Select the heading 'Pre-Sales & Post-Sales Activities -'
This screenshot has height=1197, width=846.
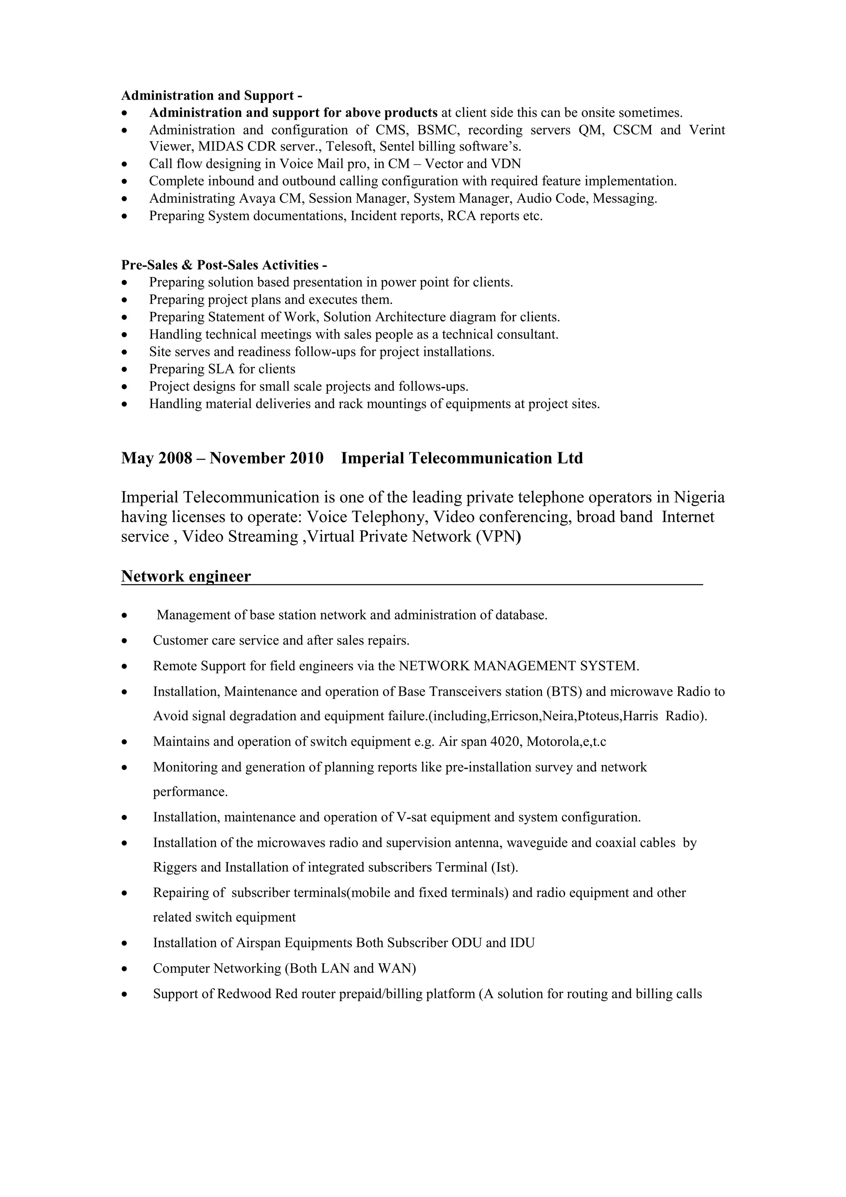[x=224, y=265]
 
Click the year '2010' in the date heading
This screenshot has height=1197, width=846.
[x=307, y=458]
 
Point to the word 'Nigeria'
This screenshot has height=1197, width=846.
[x=699, y=497]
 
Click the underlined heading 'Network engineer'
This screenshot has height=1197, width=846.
[x=185, y=576]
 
